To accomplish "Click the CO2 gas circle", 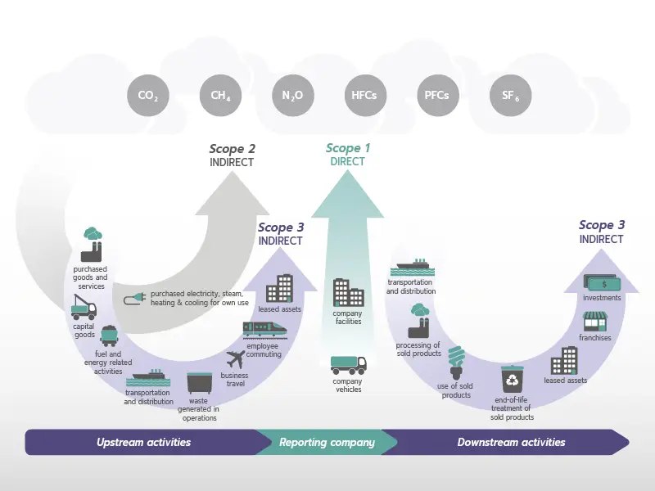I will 148,96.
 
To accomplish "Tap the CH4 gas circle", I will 220,96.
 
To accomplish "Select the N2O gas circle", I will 292,96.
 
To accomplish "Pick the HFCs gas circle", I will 364,96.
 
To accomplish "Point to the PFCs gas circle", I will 436,96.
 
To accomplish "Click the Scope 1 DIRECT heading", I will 348,155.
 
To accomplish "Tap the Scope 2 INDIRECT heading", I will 232,155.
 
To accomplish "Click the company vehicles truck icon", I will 348,365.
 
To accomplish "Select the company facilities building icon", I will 348,293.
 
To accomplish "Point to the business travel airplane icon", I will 236,358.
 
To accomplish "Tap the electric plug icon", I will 134,300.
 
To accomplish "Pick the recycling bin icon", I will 513,380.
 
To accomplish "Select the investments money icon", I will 602,283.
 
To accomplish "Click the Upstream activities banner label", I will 143,443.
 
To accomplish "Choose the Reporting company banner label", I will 327,443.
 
